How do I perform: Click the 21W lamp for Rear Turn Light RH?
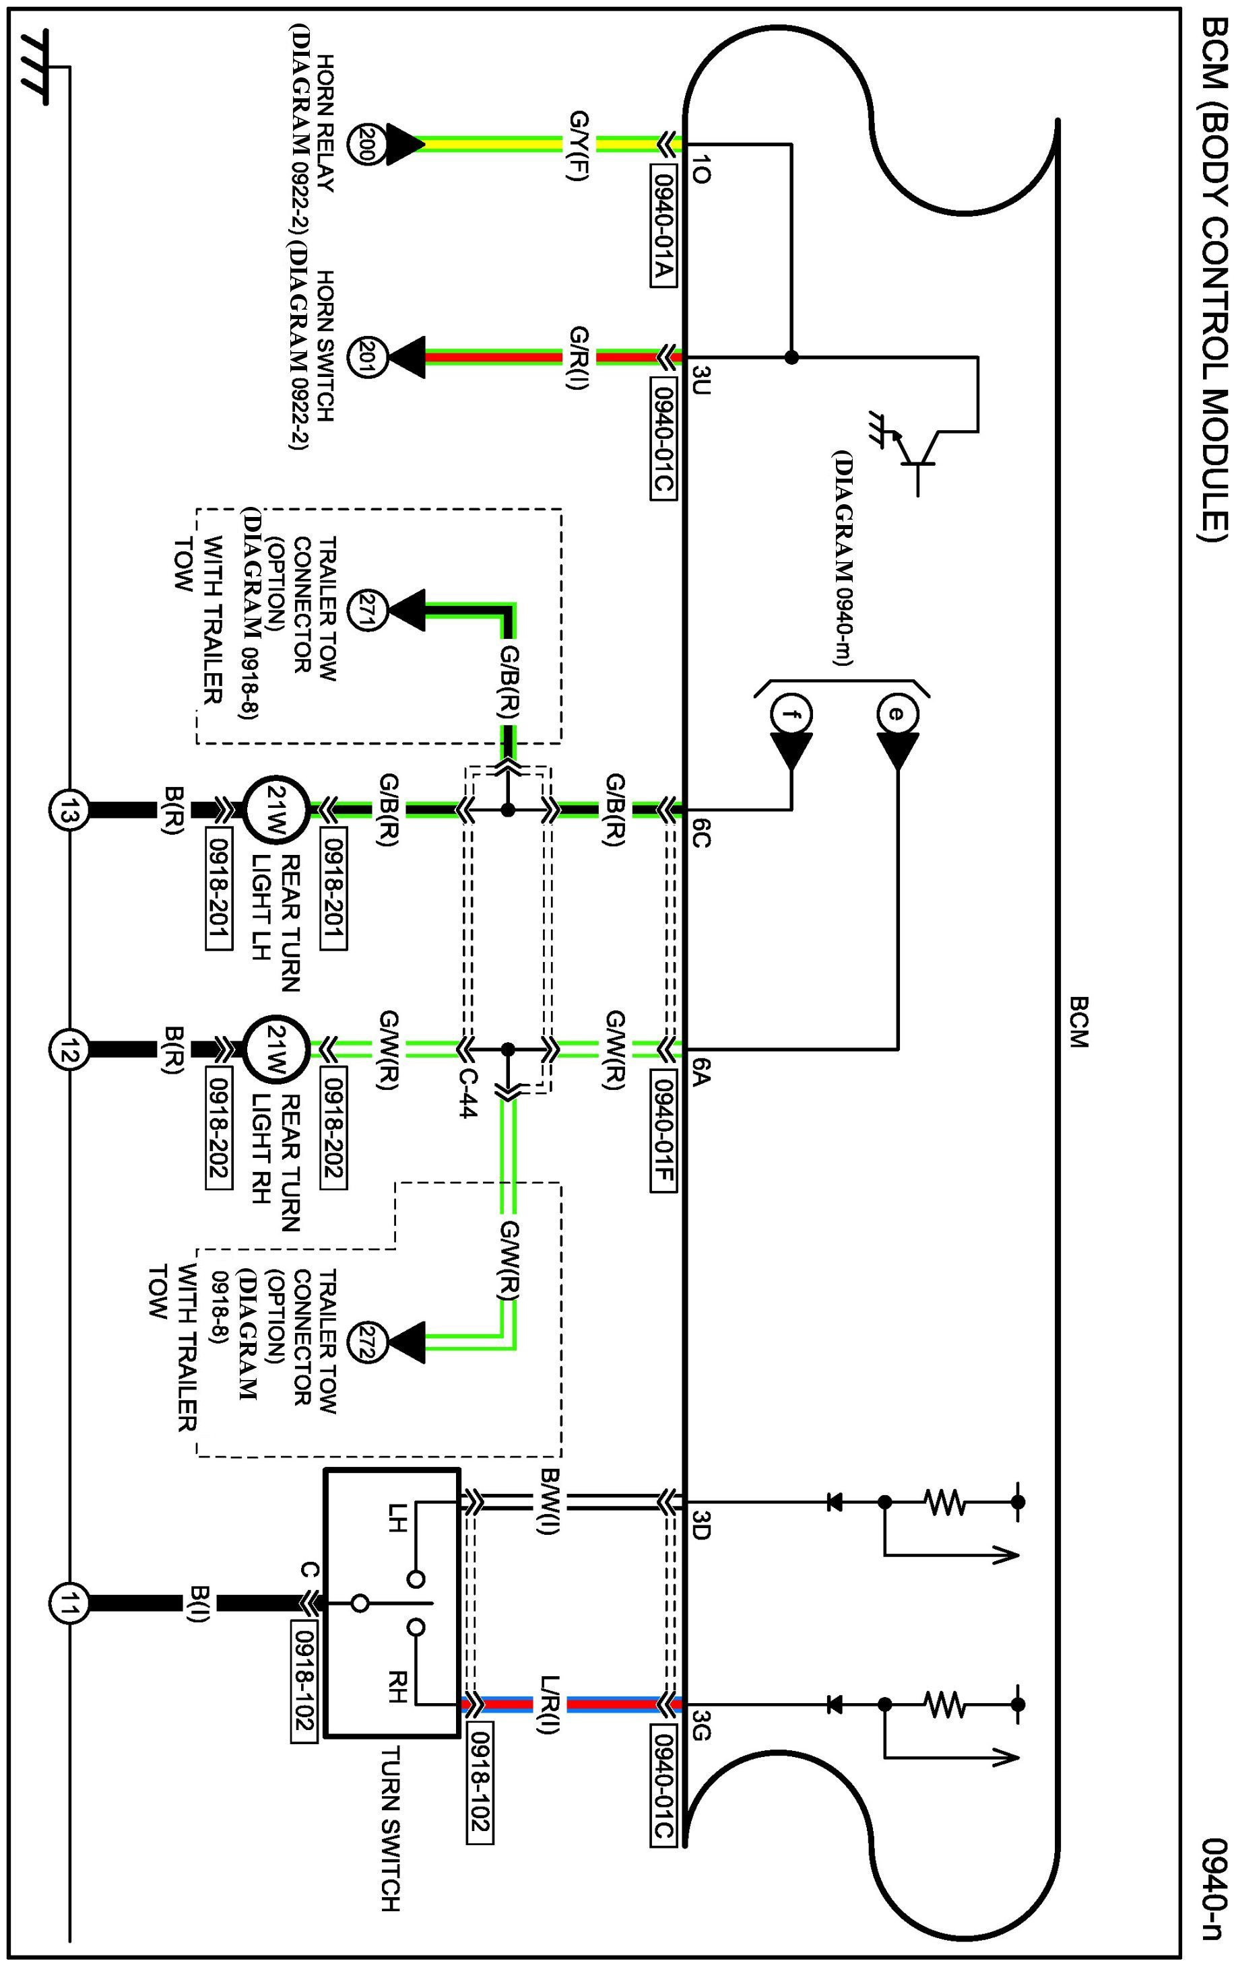tap(275, 1048)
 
